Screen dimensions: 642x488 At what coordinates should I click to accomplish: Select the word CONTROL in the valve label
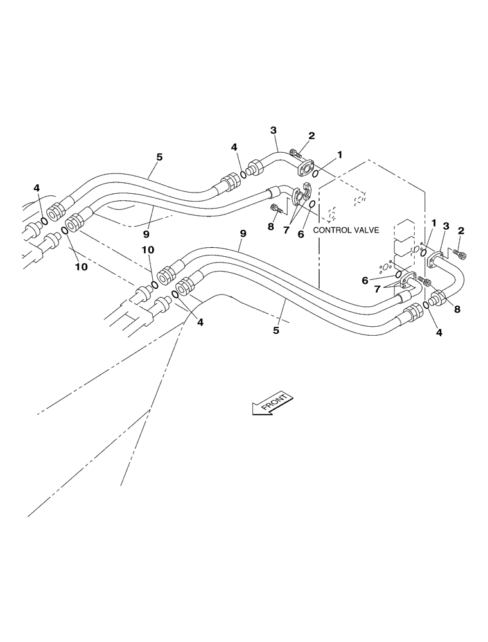point(331,229)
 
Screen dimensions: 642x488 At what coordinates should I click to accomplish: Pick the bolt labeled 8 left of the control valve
point(277,208)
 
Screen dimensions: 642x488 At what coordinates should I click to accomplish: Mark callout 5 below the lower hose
point(277,331)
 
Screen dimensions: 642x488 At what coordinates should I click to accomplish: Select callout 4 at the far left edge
point(37,187)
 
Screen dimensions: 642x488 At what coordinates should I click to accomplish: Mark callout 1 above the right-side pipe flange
point(434,223)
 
